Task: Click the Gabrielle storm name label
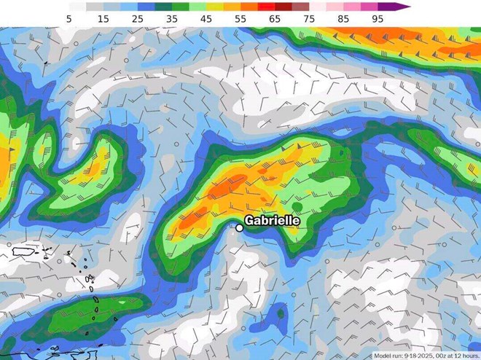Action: (272, 219)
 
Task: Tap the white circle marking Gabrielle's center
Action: (239, 228)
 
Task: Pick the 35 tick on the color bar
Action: (171, 17)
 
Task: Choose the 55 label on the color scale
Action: (240, 17)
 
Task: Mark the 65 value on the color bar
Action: (274, 17)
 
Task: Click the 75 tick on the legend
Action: (308, 17)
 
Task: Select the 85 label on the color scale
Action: (343, 17)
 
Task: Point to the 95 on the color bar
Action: (378, 17)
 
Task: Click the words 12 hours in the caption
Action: (466, 355)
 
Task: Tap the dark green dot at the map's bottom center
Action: (281, 313)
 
